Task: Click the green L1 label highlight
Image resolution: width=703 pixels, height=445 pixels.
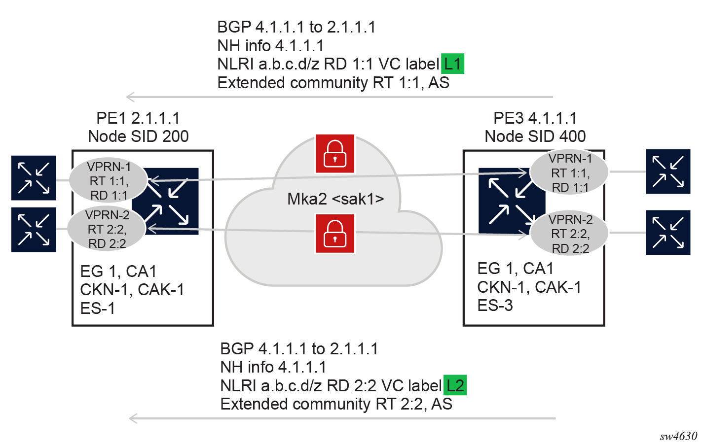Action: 452,64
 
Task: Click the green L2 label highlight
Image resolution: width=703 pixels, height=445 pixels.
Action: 455,385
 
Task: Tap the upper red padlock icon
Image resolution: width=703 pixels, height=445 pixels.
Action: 335,154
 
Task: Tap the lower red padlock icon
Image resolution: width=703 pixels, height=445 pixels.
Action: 335,233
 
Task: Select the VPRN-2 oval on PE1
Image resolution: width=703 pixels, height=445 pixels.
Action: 107,229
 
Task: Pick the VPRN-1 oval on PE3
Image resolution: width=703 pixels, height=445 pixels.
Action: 570,172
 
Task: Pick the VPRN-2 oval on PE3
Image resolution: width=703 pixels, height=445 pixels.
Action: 570,234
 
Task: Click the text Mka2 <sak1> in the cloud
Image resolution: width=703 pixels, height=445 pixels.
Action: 335,199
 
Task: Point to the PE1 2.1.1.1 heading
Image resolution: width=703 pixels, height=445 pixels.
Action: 138,118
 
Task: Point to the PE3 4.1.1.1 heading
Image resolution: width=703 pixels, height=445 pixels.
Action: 535,118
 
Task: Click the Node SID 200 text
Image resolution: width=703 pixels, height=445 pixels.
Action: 138,137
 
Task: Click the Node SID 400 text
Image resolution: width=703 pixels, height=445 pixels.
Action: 535,137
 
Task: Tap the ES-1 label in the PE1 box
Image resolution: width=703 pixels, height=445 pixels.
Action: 98,308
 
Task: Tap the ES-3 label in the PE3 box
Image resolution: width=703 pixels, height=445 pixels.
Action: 495,306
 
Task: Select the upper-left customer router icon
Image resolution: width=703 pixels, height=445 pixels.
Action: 34,178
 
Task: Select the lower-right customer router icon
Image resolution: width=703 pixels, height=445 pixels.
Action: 668,233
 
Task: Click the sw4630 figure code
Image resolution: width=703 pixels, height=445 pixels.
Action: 678,436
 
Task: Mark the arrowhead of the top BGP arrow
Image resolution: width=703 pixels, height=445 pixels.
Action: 129,97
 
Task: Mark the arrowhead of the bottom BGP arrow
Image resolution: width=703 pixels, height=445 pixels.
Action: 132,418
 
